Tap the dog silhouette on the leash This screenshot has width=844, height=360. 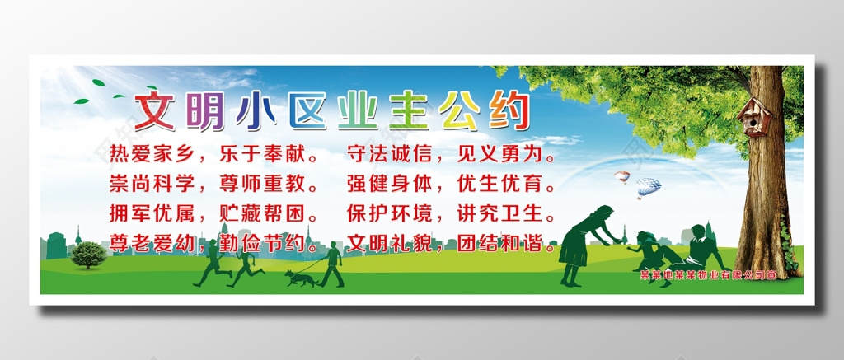point(301,278)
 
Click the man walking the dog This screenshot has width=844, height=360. point(332,264)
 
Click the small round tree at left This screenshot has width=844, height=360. point(88,255)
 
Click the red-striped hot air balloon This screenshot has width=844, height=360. point(621,177)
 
